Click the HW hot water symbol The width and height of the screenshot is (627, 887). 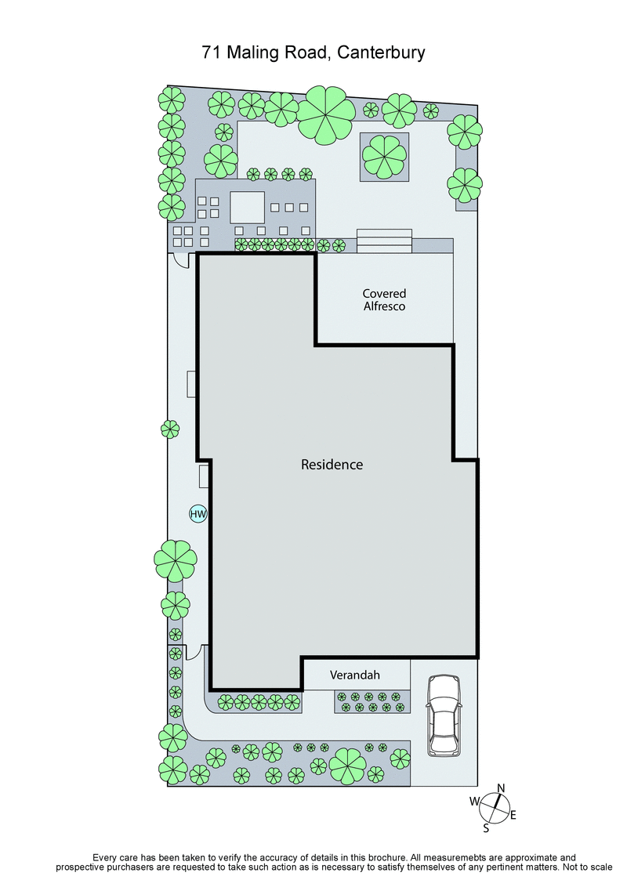(198, 514)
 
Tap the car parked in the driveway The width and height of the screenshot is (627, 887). (444, 715)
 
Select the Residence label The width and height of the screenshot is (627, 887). (332, 465)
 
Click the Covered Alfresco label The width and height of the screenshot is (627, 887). (384, 300)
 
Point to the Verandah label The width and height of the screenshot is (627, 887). (355, 674)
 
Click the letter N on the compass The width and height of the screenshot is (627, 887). (502, 788)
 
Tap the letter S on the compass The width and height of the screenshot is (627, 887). (486, 827)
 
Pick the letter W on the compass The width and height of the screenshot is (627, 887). (474, 801)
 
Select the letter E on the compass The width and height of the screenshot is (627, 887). (513, 816)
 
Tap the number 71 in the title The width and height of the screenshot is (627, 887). (210, 53)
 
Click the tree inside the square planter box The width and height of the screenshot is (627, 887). (384, 156)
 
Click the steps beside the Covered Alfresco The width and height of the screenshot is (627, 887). (384, 241)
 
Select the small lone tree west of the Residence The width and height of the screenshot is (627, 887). (170, 429)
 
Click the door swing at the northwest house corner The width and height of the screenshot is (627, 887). (183, 260)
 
